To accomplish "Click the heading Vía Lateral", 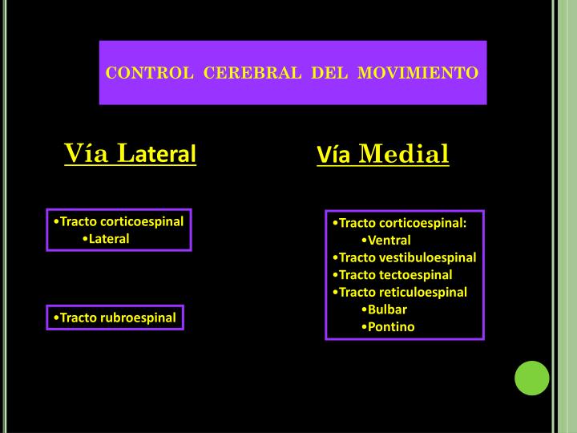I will pos(130,152).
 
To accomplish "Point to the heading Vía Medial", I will pos(382,153).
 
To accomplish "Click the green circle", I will pos(531,378).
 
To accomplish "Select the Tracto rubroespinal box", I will pos(115,318).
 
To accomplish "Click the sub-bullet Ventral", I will pos(389,240).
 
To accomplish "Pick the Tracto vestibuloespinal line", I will pos(404,257).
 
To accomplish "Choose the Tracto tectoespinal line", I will pos(391,274).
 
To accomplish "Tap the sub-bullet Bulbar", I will pos(387,309).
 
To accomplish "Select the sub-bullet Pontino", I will pos(391,326).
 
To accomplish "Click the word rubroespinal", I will pos(138,318).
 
